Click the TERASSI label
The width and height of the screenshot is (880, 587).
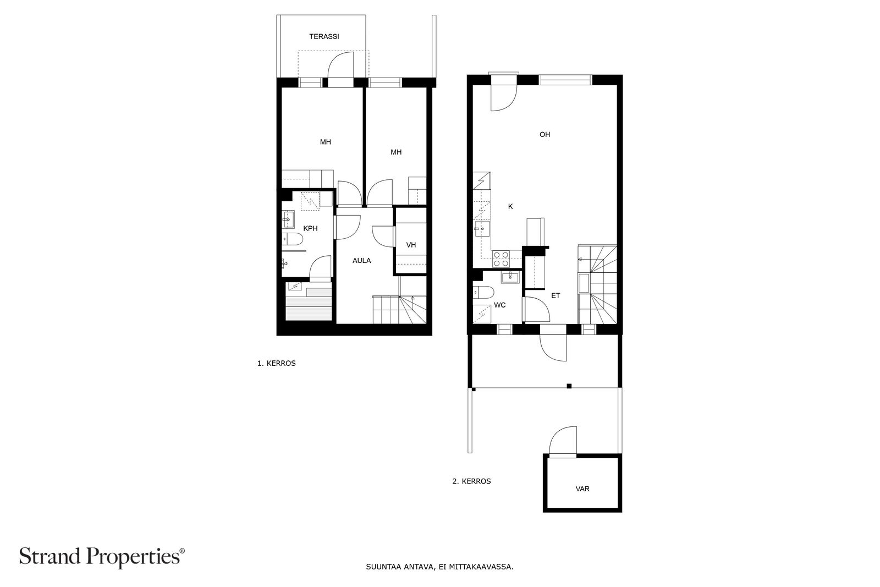click(324, 36)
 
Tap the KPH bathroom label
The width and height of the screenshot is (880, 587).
click(310, 228)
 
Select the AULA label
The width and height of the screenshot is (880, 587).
click(361, 261)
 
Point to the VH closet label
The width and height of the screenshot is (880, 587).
click(411, 245)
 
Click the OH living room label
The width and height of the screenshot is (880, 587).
click(544, 134)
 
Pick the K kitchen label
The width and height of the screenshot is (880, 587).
click(510, 206)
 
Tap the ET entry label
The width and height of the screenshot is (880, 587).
click(555, 295)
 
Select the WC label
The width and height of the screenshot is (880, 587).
click(500, 305)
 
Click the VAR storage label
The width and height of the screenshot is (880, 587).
click(582, 489)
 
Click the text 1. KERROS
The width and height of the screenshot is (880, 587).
click(276, 364)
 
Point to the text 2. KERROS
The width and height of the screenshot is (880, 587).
click(471, 481)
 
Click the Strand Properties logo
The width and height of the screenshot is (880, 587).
click(102, 557)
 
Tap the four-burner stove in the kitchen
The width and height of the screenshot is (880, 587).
click(501, 259)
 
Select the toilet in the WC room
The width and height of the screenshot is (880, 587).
click(483, 292)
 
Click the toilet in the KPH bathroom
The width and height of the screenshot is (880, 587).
click(292, 239)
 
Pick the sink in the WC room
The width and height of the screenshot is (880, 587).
click(510, 277)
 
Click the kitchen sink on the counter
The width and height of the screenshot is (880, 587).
click(482, 228)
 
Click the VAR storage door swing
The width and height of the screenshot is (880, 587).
click(563, 440)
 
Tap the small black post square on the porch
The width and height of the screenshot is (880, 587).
click(569, 386)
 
